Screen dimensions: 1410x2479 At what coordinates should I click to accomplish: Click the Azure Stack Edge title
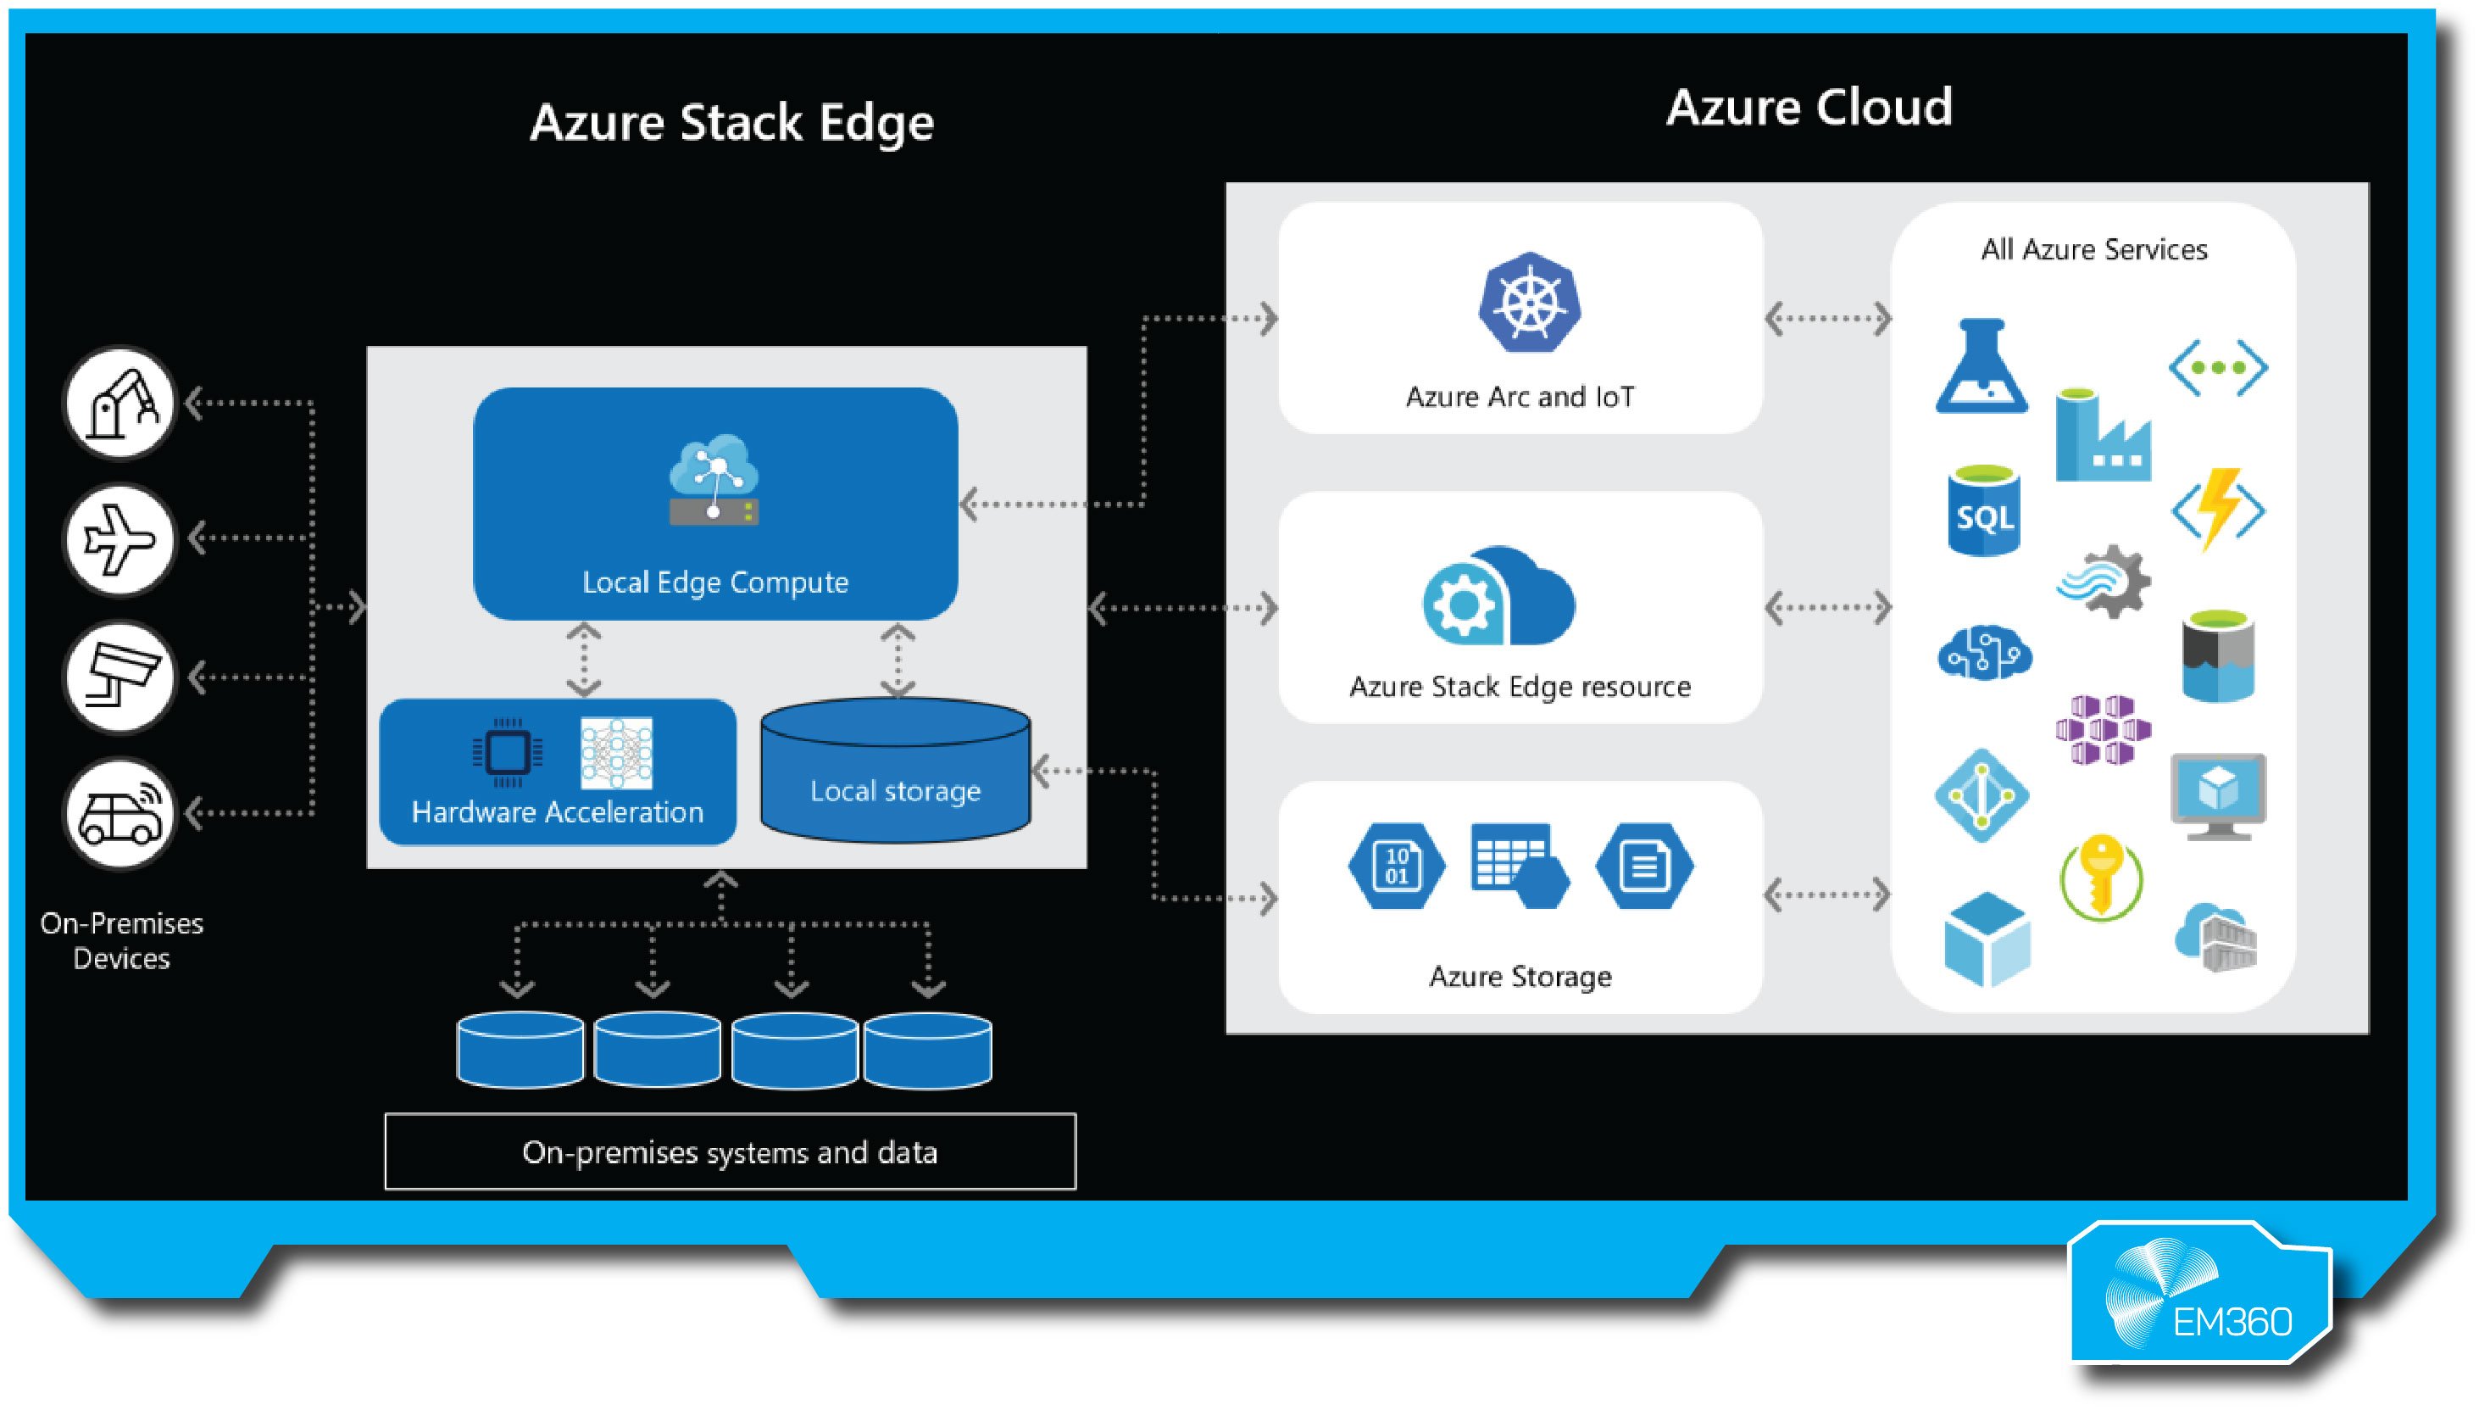click(731, 123)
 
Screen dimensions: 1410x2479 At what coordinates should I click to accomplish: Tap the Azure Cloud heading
click(1809, 107)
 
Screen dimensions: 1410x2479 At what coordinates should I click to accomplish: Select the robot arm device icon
click(120, 403)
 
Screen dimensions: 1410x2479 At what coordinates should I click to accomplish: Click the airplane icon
click(120, 539)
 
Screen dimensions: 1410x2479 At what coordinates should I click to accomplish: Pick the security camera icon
click(120, 676)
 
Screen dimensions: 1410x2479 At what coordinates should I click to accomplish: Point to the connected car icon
click(120, 813)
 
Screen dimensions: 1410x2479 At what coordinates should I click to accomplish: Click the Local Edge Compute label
click(715, 582)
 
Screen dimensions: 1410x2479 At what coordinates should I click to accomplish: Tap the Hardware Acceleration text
click(558, 811)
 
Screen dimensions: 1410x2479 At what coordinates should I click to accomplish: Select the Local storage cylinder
click(895, 772)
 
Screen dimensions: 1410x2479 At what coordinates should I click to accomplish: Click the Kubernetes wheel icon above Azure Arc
click(1530, 303)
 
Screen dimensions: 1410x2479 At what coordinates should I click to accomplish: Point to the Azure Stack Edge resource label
click(1520, 687)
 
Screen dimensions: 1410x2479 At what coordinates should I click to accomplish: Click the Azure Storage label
click(1520, 976)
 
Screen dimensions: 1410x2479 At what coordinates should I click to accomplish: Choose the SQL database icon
click(1983, 511)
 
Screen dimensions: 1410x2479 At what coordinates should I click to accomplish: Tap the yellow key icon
click(2100, 877)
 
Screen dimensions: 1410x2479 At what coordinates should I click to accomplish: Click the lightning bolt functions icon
click(2219, 510)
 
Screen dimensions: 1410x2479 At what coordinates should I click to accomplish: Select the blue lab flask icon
click(1982, 366)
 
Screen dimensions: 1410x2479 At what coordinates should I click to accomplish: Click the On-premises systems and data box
click(730, 1151)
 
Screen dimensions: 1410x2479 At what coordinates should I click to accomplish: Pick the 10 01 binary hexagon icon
click(1396, 865)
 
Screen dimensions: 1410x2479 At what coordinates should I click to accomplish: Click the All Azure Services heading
click(2093, 250)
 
